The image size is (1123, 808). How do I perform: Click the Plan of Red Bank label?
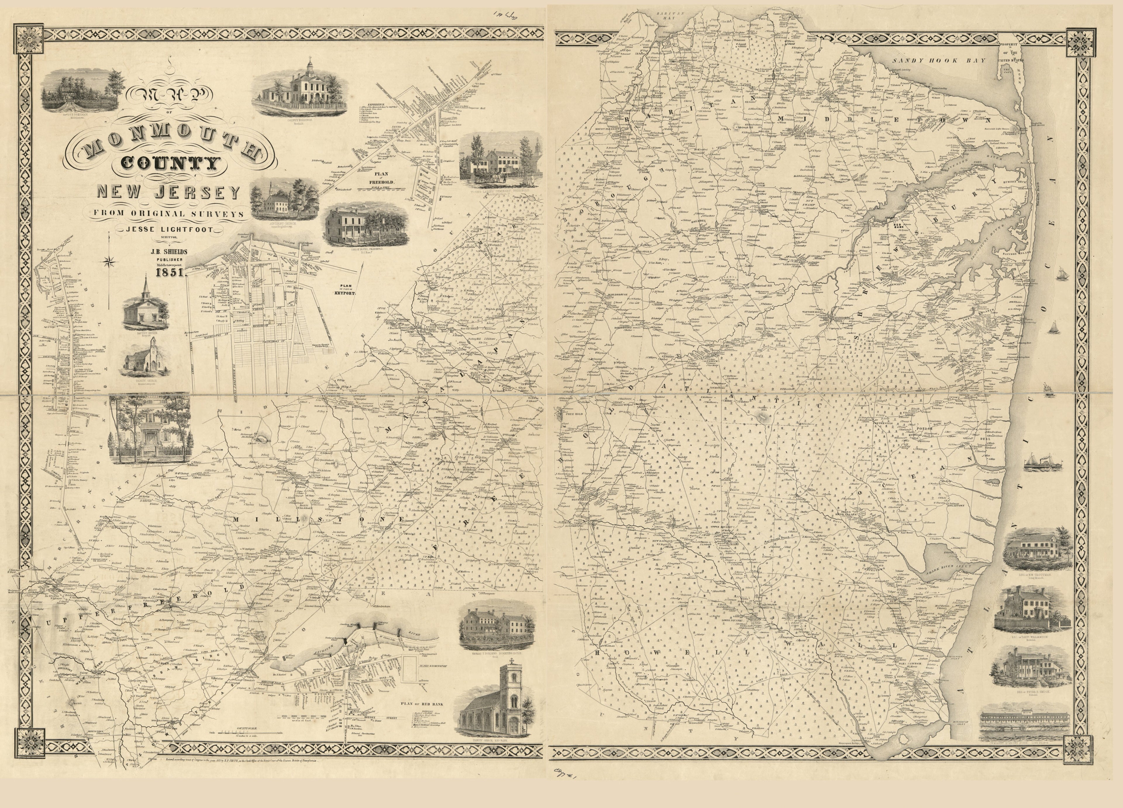[424, 704]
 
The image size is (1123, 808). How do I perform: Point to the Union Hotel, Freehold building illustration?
[366, 225]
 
